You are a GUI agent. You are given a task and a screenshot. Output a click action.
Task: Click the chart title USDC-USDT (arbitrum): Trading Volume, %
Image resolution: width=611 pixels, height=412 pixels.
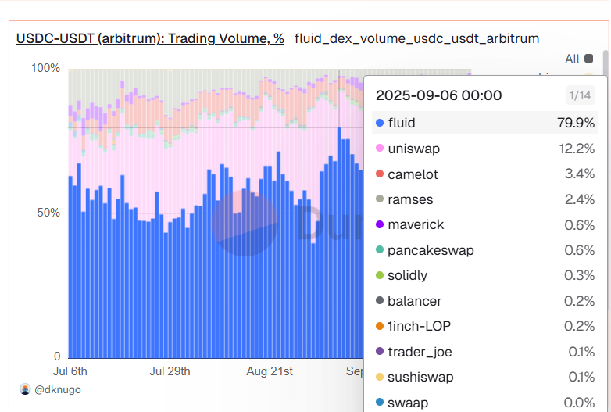coord(150,38)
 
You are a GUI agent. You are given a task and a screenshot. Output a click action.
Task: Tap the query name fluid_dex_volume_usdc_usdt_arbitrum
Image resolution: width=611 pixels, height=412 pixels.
coord(416,38)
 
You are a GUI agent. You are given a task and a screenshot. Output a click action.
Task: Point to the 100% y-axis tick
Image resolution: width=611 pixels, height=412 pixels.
coord(45,68)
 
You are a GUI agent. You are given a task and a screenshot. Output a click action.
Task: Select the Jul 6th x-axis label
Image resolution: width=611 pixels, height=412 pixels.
coord(70,371)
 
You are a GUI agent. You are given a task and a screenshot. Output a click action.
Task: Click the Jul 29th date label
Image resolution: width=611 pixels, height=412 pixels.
coord(170,371)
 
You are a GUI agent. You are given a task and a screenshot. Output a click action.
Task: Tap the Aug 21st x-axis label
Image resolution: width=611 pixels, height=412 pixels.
coord(269,371)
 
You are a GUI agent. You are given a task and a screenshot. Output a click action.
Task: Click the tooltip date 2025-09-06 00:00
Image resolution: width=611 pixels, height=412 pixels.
coord(439,95)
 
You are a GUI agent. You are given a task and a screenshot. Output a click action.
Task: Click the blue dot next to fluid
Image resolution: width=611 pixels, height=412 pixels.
coord(380,124)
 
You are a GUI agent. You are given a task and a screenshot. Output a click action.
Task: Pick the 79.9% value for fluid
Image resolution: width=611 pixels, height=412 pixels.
coord(577,124)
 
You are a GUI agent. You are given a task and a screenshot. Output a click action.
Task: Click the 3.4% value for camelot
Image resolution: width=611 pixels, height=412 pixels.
coord(580,174)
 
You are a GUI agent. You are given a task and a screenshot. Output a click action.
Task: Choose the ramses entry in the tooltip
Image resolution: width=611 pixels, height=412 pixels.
coord(410,199)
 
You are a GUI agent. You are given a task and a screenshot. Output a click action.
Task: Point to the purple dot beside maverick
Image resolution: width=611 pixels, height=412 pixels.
coord(380,225)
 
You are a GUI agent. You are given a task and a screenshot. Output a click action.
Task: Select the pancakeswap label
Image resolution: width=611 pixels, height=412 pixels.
coord(431,250)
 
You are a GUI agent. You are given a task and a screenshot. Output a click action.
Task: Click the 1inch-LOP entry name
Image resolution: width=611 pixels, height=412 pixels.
coord(419,326)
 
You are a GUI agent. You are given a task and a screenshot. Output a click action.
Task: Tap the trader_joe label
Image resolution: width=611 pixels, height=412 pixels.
coord(420,352)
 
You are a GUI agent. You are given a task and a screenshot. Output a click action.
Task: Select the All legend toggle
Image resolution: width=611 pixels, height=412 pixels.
coord(578,59)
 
